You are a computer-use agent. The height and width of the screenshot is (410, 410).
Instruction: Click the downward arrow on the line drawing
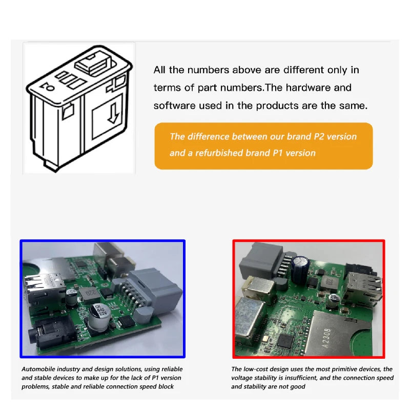[114, 113]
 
